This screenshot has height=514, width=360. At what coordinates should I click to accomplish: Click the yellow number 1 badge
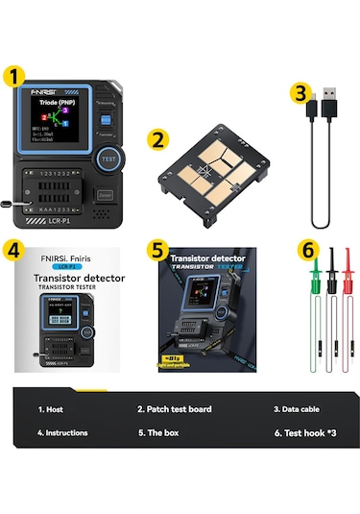click(x=14, y=74)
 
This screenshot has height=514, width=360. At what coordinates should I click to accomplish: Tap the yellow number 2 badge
click(x=159, y=139)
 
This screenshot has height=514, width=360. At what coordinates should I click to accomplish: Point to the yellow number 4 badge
click(x=13, y=249)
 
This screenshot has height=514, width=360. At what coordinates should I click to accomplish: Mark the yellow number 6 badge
click(x=307, y=249)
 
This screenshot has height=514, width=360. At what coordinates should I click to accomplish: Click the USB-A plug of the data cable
click(x=326, y=99)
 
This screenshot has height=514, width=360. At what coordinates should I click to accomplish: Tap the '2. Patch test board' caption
click(x=174, y=409)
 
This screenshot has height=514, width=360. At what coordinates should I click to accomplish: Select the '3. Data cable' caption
click(x=297, y=409)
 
